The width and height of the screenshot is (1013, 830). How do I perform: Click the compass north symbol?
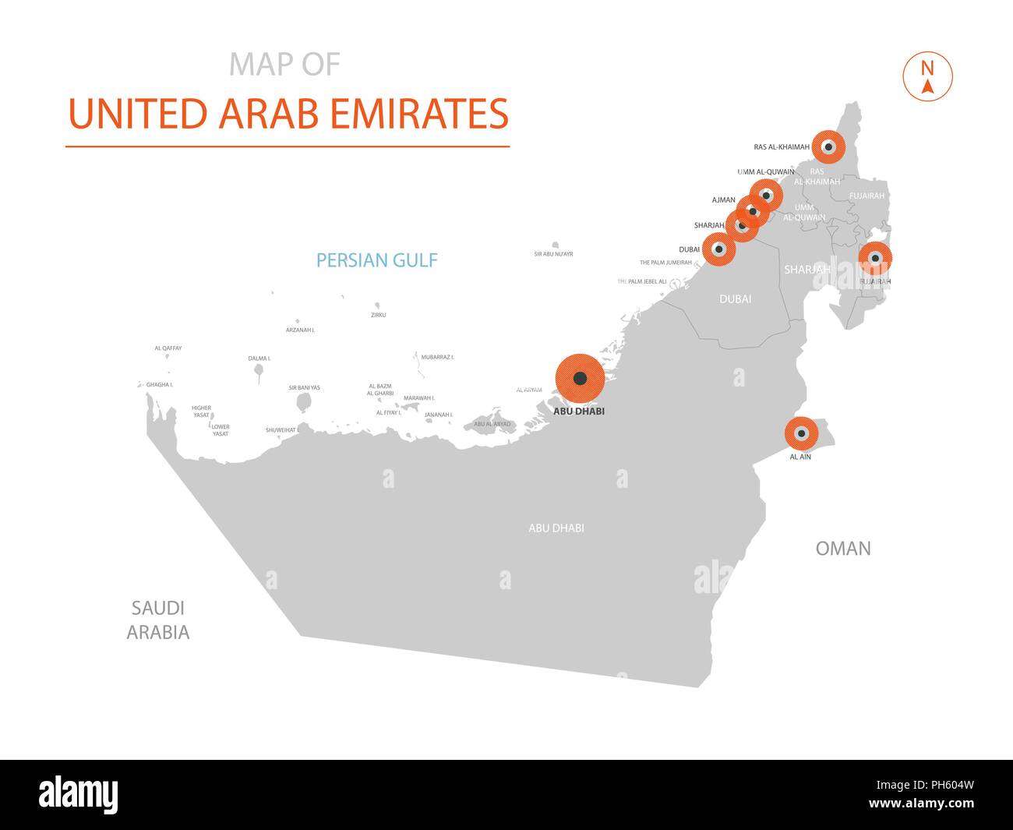[x=927, y=76]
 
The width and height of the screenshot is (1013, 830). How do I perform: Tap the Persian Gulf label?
[x=376, y=260]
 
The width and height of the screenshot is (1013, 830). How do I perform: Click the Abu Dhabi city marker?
[x=579, y=379]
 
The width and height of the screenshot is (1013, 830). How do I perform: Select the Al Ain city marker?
[x=801, y=433]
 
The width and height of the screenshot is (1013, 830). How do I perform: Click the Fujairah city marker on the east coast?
[x=875, y=258]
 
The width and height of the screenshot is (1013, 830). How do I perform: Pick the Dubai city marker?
[x=718, y=249]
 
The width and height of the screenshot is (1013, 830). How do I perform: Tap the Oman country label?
[x=842, y=549]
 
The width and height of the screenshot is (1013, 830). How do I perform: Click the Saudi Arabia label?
[x=158, y=620]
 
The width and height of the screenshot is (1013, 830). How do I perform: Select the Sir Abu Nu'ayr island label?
[x=553, y=254]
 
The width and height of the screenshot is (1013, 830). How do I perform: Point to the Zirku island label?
[x=378, y=315]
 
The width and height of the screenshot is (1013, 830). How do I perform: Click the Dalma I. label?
[x=259, y=358]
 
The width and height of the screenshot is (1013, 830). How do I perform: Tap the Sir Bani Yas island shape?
[x=303, y=403]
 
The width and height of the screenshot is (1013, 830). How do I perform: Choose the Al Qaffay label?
[x=168, y=348]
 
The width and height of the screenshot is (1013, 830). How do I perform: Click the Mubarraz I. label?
[x=437, y=357]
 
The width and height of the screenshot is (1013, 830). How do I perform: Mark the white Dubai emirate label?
[x=735, y=298]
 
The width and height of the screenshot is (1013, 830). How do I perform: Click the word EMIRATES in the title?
[x=419, y=114]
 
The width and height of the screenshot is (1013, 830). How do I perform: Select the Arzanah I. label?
[x=300, y=330]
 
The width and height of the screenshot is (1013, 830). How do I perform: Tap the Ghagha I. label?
[x=159, y=385]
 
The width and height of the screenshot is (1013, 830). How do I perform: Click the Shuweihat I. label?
[x=281, y=430]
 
